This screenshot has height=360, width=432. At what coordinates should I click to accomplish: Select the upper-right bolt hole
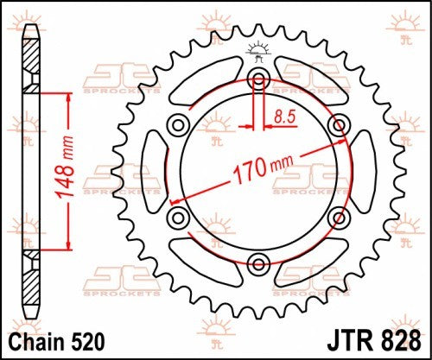pos(339,125)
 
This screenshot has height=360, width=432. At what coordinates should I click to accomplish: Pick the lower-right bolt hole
pos(339,216)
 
